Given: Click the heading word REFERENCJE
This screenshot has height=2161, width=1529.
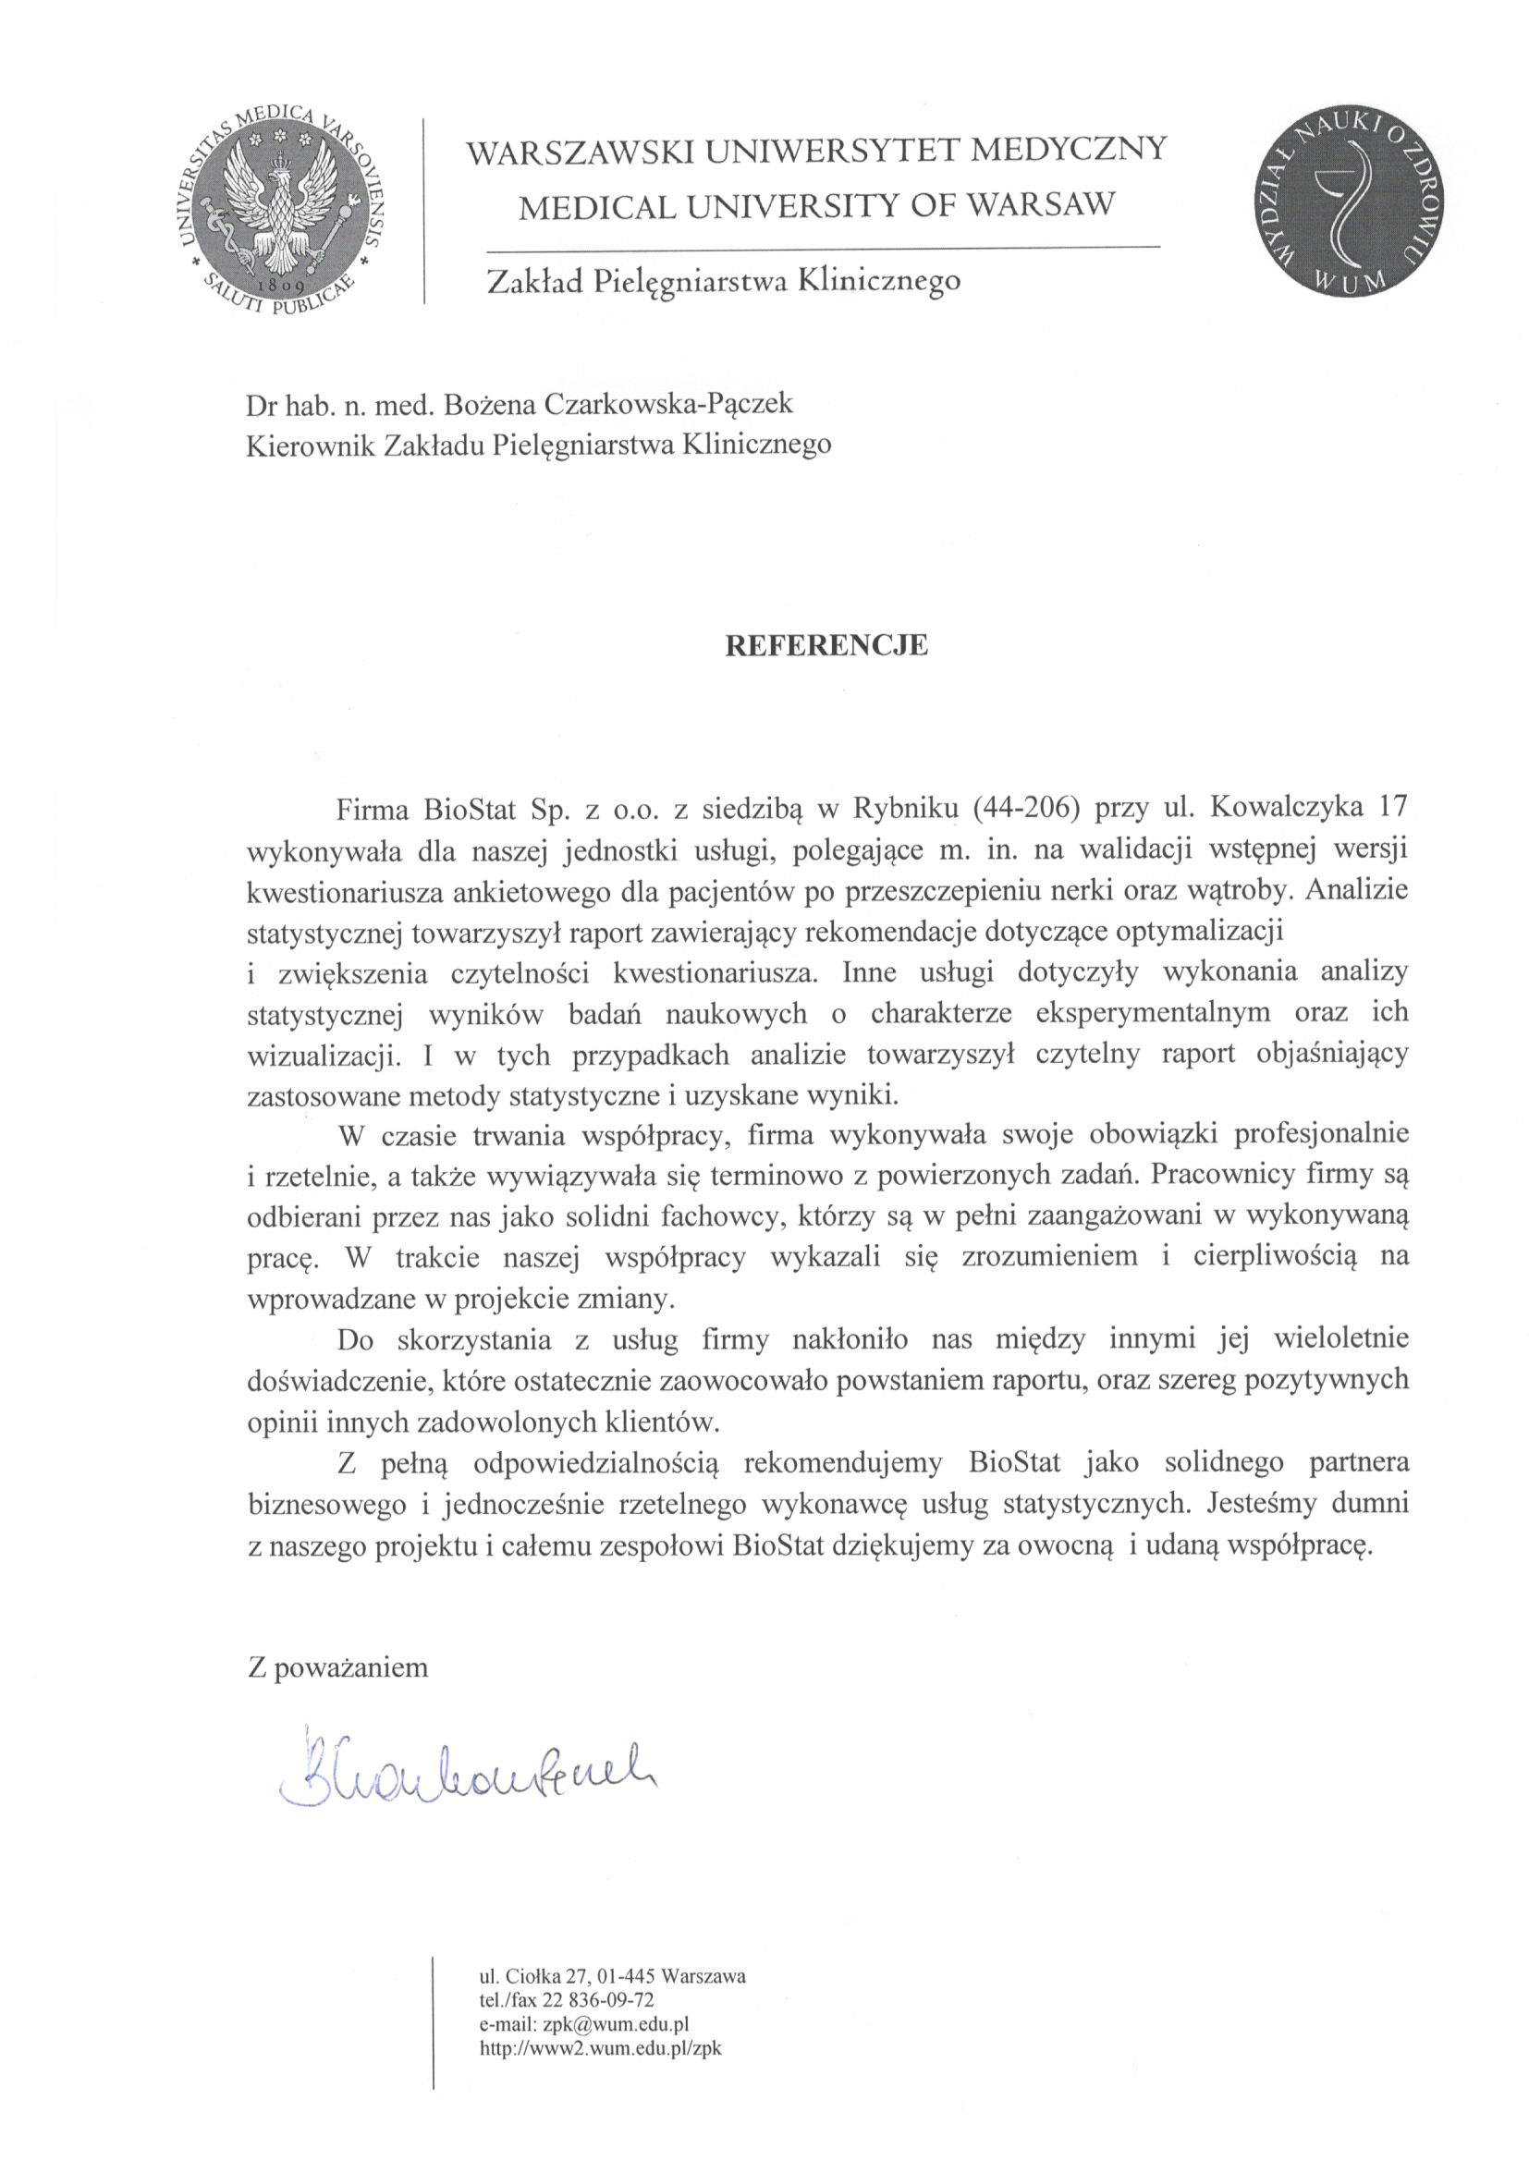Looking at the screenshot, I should click(x=825, y=645).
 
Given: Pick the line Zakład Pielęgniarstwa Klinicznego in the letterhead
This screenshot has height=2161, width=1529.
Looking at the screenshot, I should click(x=721, y=280).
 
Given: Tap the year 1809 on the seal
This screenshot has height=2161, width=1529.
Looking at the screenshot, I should click(x=279, y=284).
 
